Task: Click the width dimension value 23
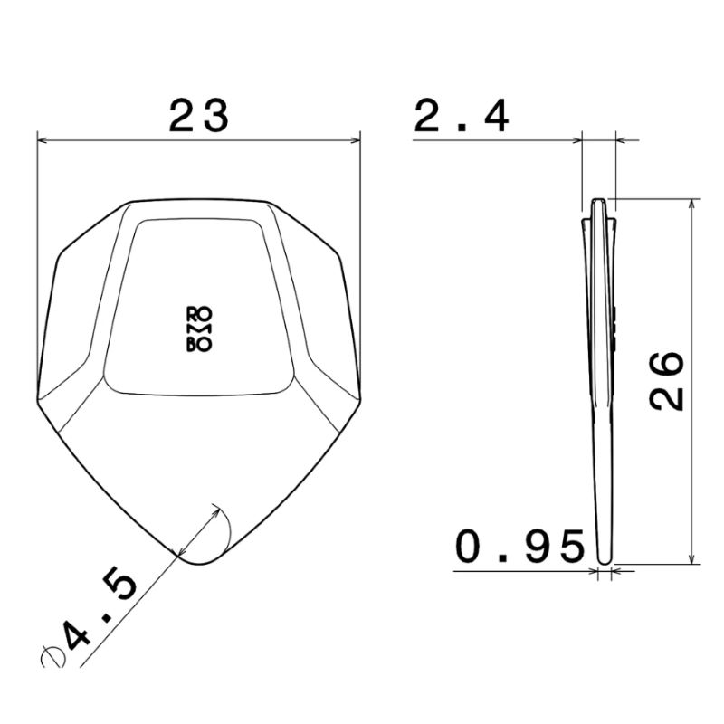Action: (198, 116)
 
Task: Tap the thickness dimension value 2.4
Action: (462, 116)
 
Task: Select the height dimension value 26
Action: (666, 381)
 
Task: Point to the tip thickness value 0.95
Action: (519, 547)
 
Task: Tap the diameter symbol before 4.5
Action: (52, 656)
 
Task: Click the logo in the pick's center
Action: (199, 329)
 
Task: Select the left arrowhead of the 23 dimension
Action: (42, 140)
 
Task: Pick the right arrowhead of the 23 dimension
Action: (355, 140)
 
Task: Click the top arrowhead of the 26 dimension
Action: (691, 205)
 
